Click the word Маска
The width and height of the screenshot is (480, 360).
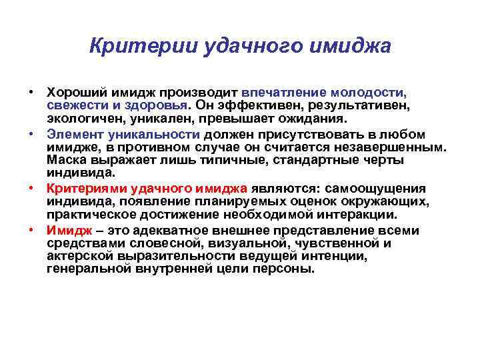coord(66,161)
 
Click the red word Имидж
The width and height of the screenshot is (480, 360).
coord(66,230)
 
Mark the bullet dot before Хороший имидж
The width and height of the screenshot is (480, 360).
coord(31,91)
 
